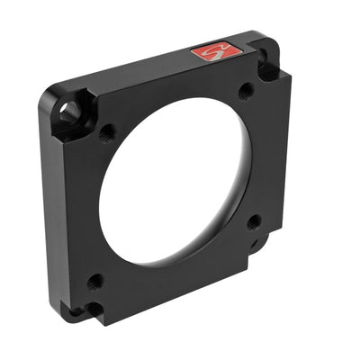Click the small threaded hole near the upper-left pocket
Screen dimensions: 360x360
click(105, 132)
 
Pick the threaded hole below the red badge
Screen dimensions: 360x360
click(244, 91)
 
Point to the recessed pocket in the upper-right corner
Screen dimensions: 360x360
click(267, 61)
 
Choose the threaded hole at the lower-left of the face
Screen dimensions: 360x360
click(94, 280)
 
